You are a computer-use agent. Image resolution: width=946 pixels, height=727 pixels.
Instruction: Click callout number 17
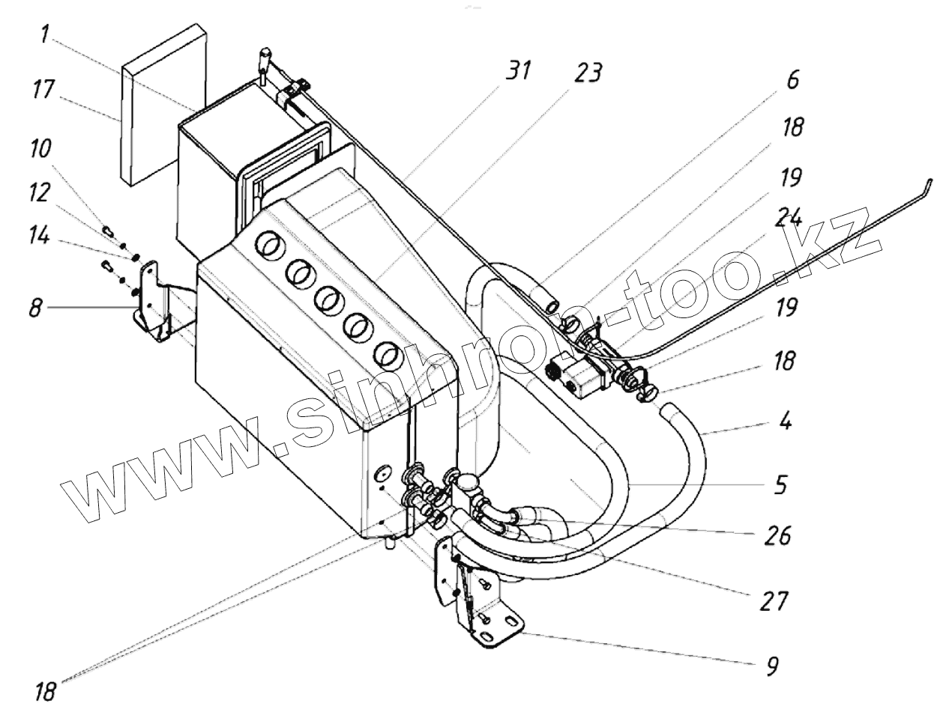coord(42,92)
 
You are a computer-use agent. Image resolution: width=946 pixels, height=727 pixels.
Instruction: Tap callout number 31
coord(517,72)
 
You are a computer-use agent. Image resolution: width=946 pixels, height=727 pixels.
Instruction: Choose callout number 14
coord(39,237)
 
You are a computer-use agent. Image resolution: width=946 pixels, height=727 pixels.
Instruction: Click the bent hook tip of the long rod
coord(928,182)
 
